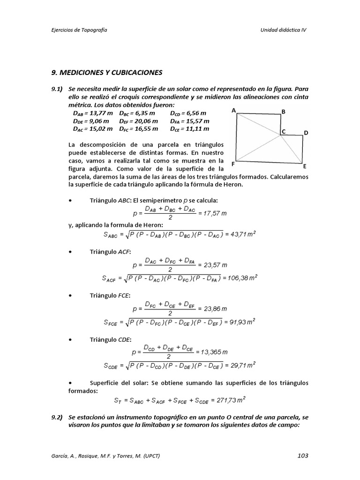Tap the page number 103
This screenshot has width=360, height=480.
tap(303, 455)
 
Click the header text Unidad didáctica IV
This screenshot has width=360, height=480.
tap(284, 29)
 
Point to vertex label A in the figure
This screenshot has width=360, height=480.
tap(233, 111)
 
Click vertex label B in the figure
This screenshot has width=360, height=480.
tap(283, 112)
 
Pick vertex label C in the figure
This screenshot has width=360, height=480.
tap(284, 132)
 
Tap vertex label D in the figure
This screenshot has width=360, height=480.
tap(306, 133)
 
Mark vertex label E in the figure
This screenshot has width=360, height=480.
tap(305, 166)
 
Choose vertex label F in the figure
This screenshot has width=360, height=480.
tap(233, 165)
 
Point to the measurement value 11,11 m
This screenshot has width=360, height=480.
tap(197, 128)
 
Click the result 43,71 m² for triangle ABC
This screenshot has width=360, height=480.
tap(243, 234)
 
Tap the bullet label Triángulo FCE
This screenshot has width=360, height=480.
tap(110, 296)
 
